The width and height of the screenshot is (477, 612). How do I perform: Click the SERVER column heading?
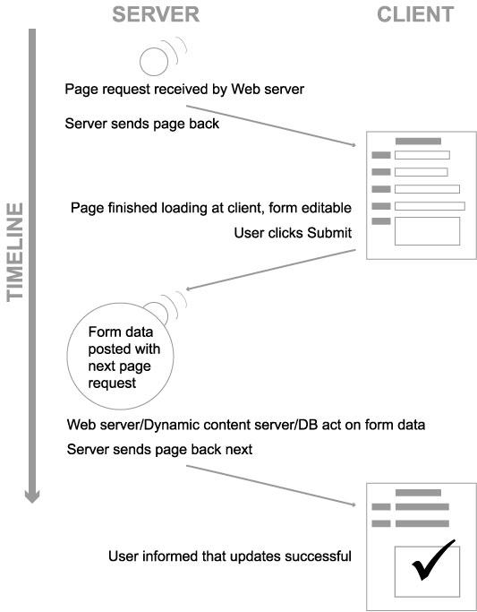[x=156, y=14]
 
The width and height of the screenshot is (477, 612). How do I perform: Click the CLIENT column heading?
[x=415, y=14]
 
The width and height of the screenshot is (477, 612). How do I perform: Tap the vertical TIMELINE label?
[x=15, y=252]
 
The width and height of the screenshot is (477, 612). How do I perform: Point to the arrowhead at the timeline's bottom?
[x=32, y=496]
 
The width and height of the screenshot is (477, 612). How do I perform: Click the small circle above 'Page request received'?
[x=154, y=62]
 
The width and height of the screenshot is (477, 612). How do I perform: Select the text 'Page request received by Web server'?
[x=184, y=89]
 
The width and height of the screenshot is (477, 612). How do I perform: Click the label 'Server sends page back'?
[x=142, y=124]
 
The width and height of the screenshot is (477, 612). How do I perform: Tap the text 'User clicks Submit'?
[x=293, y=233]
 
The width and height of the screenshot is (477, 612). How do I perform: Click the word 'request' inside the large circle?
[x=112, y=383]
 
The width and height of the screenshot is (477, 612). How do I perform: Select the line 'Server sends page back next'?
[x=159, y=449]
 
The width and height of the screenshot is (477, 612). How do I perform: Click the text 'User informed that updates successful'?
[x=230, y=556]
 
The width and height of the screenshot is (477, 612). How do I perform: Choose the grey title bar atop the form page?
[x=418, y=142]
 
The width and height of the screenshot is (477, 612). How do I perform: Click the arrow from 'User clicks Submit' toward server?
[x=271, y=270]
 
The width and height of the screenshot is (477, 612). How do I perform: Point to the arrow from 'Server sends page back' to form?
[x=271, y=125]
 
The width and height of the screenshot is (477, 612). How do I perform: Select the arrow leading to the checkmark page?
[x=271, y=486]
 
